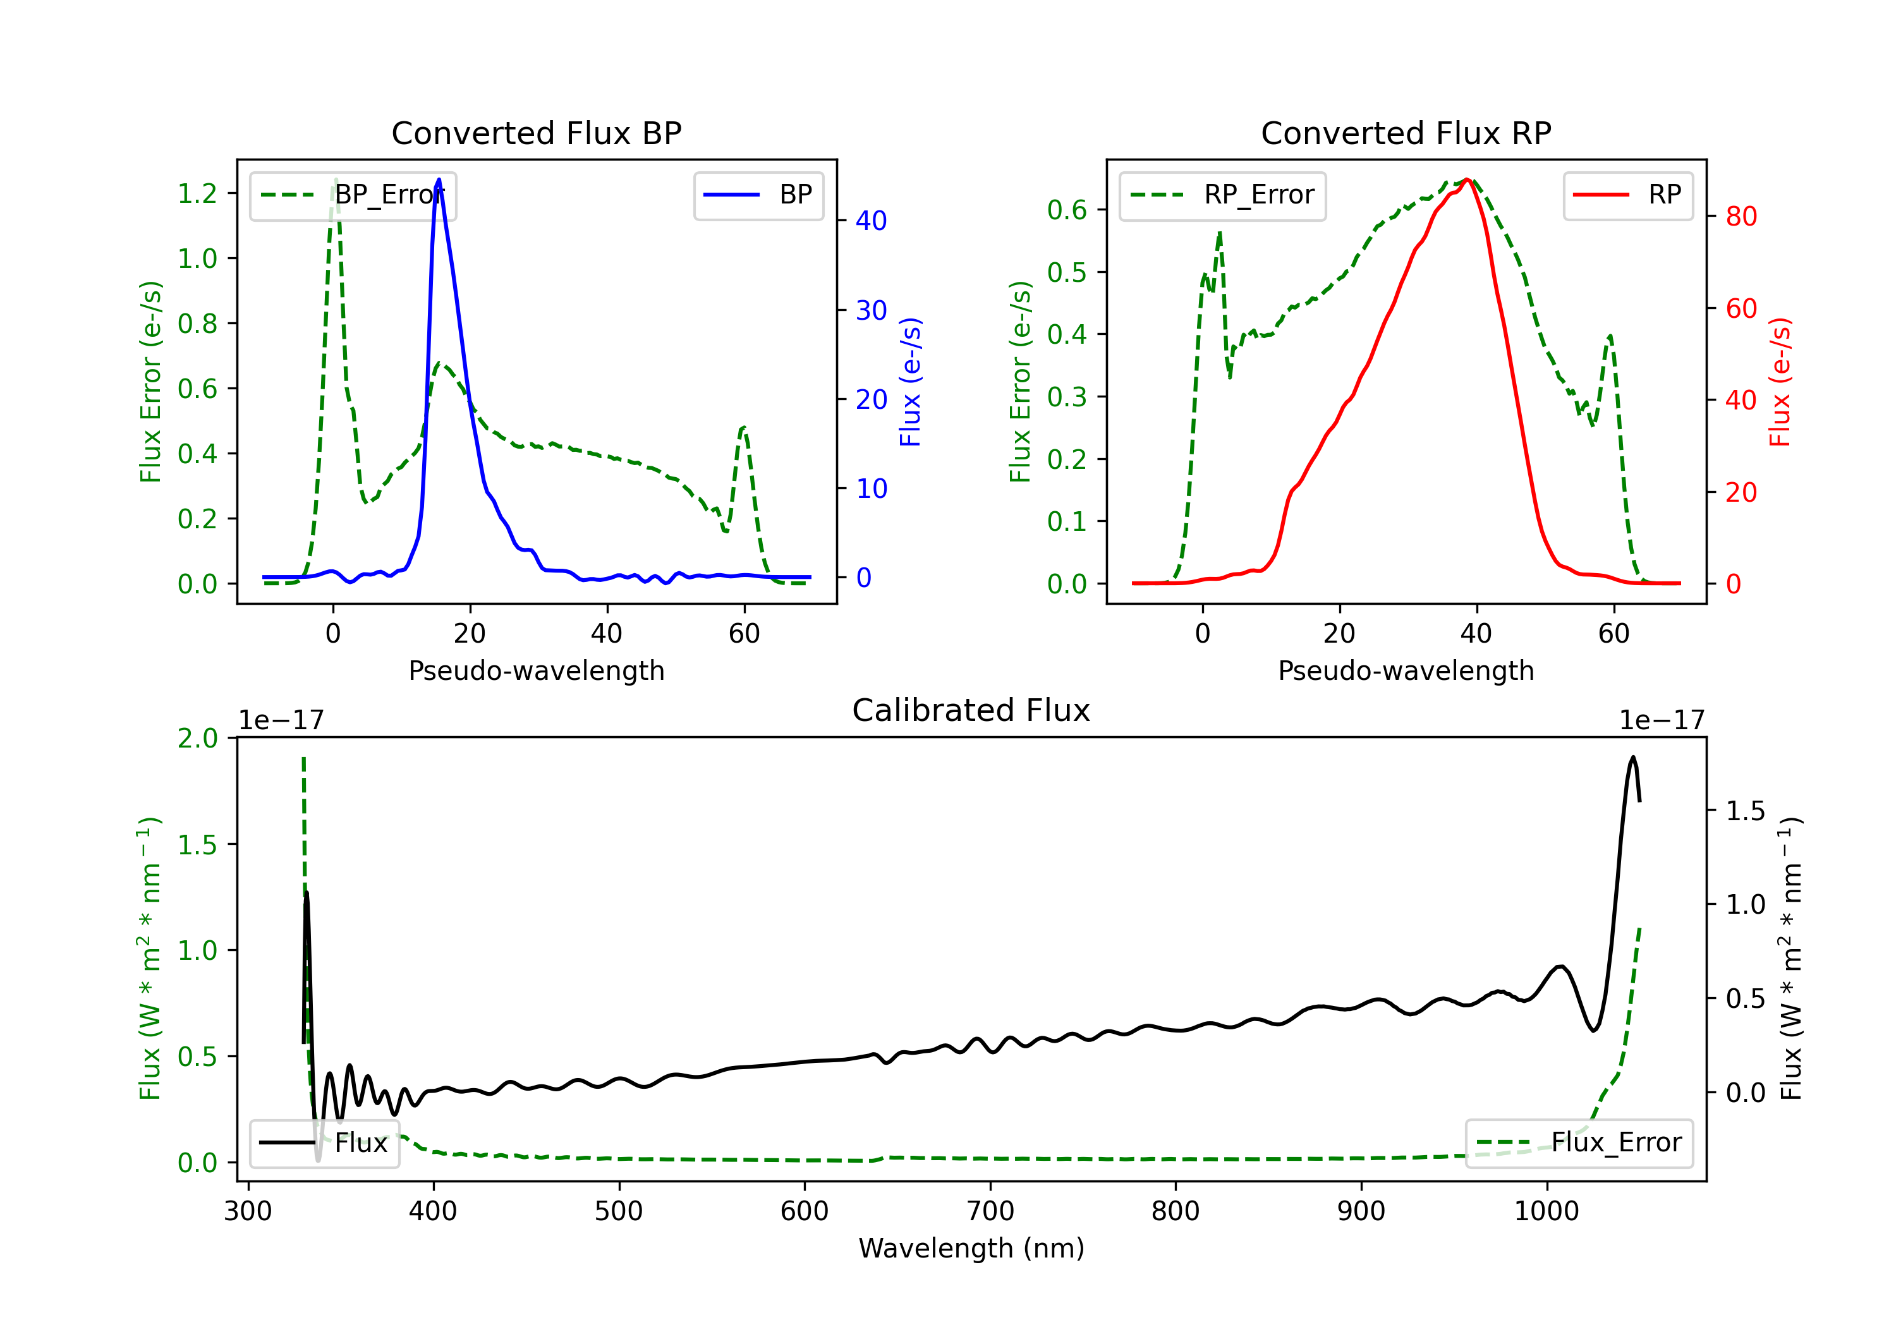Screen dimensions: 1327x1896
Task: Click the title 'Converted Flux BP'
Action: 536,133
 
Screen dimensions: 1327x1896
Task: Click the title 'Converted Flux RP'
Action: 1406,133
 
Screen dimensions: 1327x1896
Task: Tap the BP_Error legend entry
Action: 353,195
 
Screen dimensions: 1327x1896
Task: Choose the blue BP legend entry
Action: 758,195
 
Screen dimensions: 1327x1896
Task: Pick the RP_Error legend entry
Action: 1222,195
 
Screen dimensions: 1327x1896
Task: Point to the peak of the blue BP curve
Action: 439,180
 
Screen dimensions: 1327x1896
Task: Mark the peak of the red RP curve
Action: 1467,180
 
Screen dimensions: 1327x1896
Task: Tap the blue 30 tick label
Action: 871,310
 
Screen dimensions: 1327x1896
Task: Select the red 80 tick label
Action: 1741,216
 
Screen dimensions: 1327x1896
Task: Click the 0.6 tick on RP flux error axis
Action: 1067,210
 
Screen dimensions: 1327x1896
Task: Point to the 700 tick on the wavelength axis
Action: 990,1211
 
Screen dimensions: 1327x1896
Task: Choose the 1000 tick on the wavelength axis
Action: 1546,1211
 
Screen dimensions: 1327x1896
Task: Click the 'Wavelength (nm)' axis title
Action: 971,1248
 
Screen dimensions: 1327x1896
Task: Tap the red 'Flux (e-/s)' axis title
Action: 1780,382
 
